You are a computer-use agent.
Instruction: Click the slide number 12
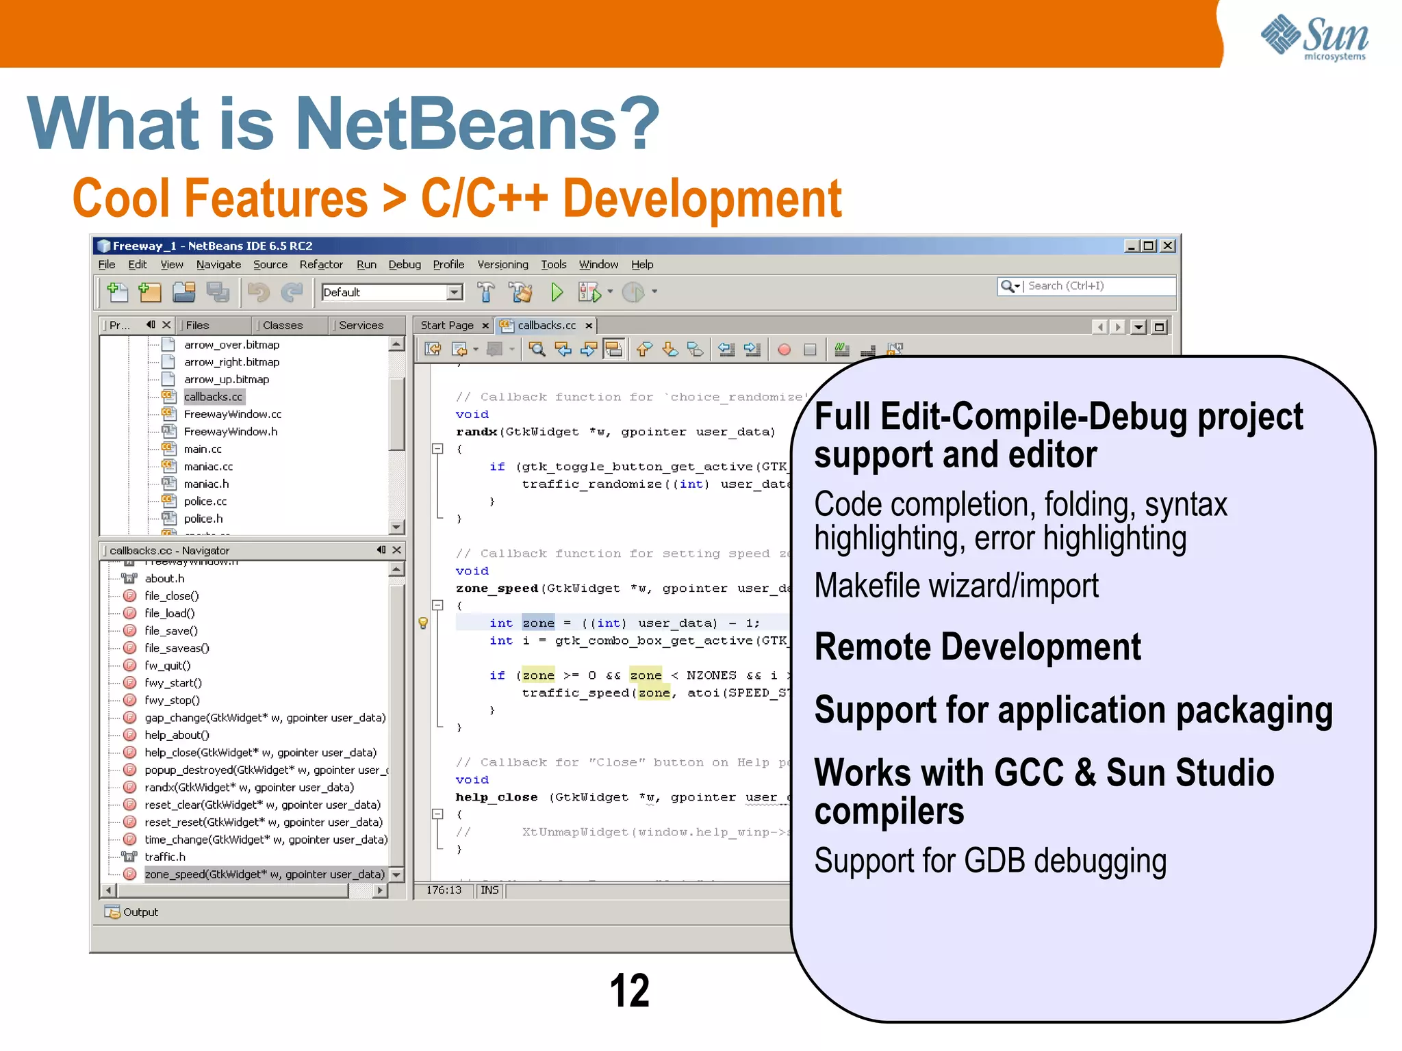point(629,990)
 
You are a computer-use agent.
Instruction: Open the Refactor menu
point(320,265)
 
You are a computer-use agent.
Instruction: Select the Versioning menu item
point(502,265)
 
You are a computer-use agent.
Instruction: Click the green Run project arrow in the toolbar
point(557,293)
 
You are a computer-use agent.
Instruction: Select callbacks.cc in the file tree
point(213,397)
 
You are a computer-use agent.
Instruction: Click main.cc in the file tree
point(203,450)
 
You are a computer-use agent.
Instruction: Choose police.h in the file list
point(203,519)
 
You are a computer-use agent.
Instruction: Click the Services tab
point(361,326)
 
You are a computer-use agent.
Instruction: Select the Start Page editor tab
point(446,326)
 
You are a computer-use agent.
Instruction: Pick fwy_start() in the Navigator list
point(173,683)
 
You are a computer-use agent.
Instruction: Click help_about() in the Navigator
point(177,735)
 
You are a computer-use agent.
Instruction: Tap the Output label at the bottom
point(140,912)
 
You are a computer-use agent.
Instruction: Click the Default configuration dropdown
point(392,293)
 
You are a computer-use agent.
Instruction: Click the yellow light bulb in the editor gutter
point(423,623)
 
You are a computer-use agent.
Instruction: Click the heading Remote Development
point(977,647)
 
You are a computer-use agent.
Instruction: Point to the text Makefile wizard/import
point(956,586)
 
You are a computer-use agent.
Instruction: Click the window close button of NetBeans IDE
point(1168,246)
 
